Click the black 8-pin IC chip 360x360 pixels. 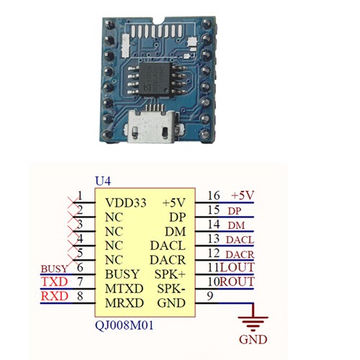[x=155, y=79]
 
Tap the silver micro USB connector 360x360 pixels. [x=151, y=126]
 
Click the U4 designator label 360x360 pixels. [x=103, y=181]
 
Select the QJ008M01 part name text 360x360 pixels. [x=125, y=325]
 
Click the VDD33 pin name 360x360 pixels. [x=126, y=203]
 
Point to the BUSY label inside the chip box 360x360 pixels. [x=122, y=274]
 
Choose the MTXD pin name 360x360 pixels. [x=125, y=289]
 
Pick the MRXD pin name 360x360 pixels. [x=125, y=303]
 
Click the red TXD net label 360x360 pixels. [x=55, y=282]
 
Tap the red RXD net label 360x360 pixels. [x=55, y=296]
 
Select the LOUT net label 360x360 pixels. [x=237, y=267]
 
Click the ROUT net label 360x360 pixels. [x=237, y=282]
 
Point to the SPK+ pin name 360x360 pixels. [x=170, y=274]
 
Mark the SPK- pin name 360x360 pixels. [x=171, y=289]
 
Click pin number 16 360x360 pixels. [x=214, y=195]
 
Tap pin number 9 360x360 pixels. [x=210, y=296]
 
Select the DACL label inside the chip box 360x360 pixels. [x=168, y=246]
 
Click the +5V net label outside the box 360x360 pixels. [x=243, y=195]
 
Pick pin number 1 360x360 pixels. [x=80, y=196]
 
